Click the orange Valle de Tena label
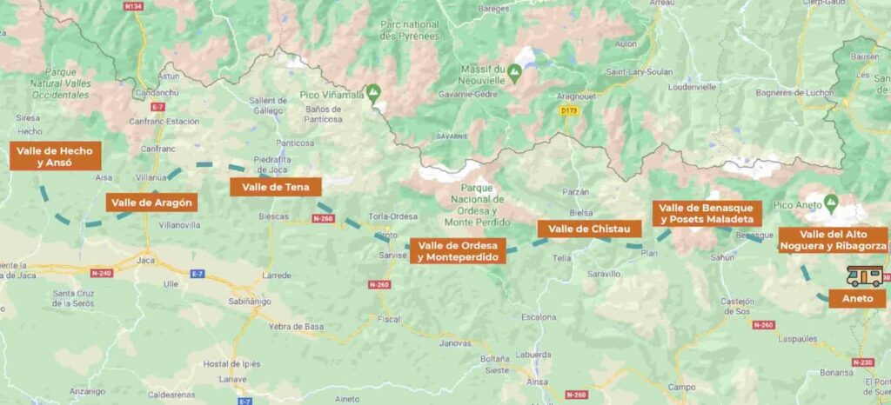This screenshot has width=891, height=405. (276, 186)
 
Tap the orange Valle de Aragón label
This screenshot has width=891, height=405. (151, 202)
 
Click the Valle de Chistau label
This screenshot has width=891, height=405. (589, 229)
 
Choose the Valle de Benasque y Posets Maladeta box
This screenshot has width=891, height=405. (707, 214)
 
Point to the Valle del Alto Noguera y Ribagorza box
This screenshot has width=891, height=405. (833, 240)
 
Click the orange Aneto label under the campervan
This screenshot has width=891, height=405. (857, 298)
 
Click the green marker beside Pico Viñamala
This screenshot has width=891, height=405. (374, 90)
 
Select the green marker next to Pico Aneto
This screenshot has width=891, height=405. (831, 203)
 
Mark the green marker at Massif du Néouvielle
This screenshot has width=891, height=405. (514, 73)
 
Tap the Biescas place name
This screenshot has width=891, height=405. (273, 216)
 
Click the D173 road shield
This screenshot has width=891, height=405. (569, 110)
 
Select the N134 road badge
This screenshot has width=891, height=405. (133, 7)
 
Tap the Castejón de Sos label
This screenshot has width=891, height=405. (738, 305)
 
